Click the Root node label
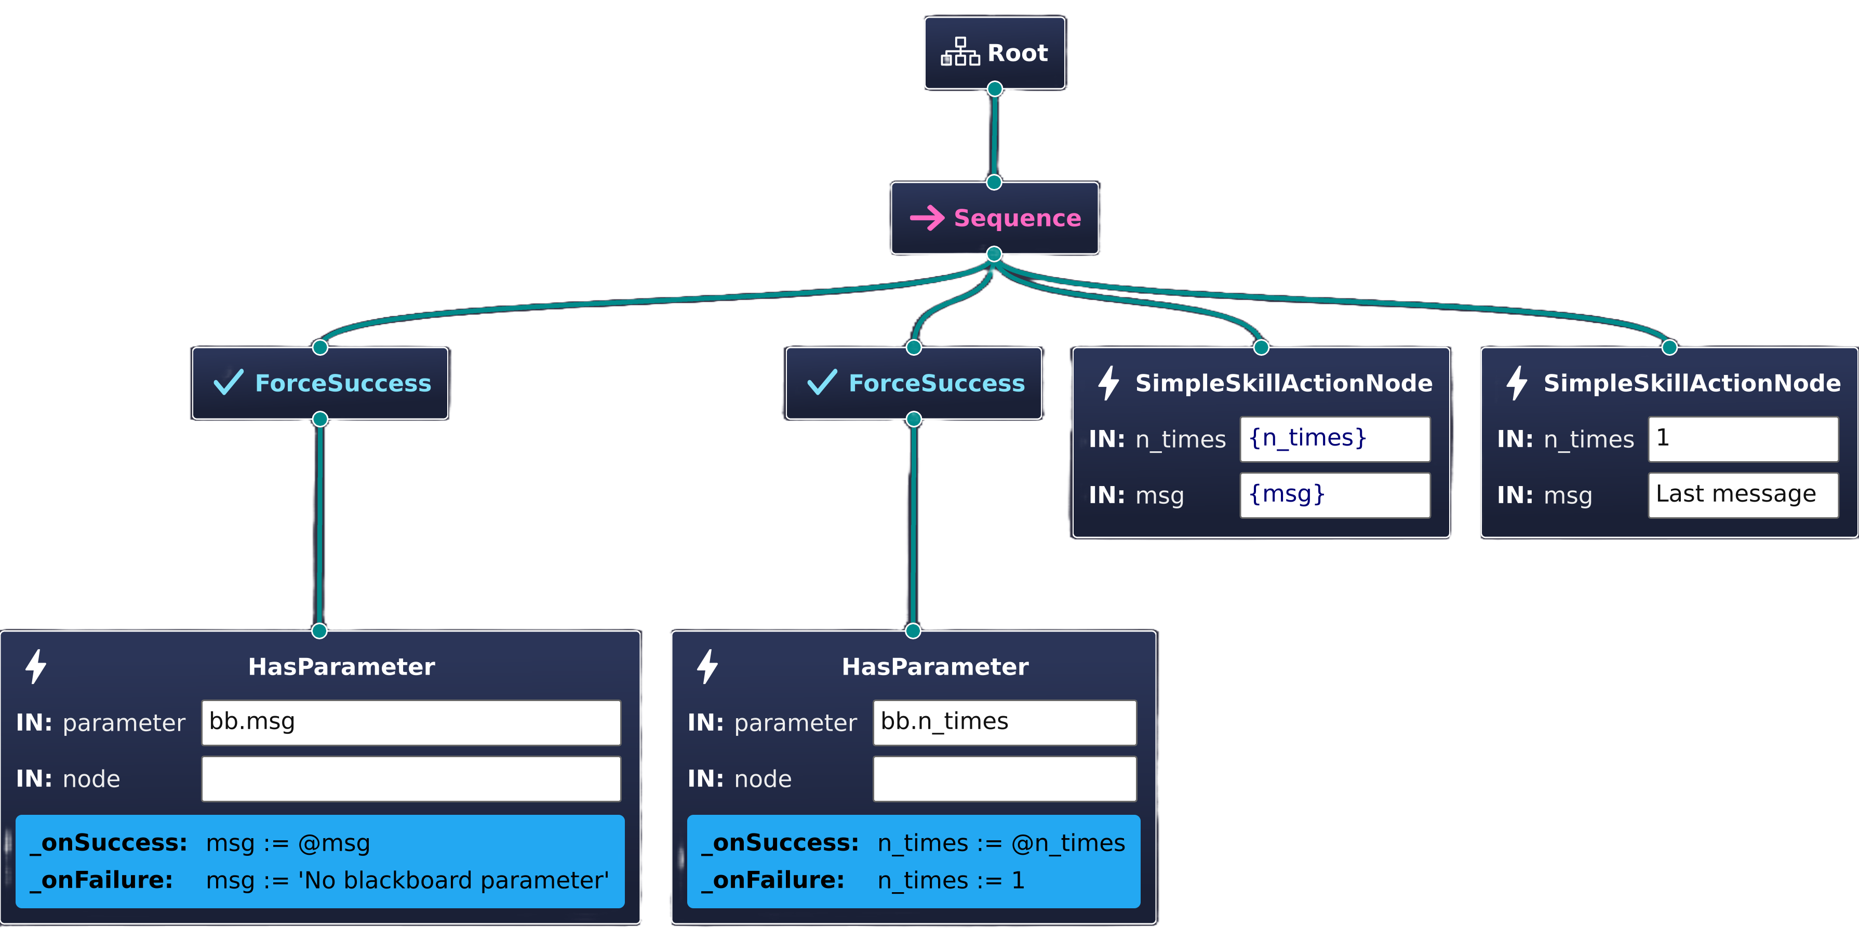click(x=1017, y=52)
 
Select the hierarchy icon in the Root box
click(x=960, y=52)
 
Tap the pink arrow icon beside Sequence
click(x=927, y=218)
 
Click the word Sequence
click(x=1017, y=218)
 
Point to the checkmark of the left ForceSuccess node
click(x=229, y=382)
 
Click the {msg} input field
click(x=1334, y=495)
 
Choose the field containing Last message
click(x=1742, y=495)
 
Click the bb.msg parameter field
click(x=411, y=722)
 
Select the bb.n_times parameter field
click(x=1004, y=722)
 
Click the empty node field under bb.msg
click(x=411, y=778)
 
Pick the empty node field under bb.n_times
click(x=1004, y=778)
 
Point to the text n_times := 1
click(x=951, y=880)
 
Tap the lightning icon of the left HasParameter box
click(x=35, y=666)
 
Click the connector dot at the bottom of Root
click(x=995, y=89)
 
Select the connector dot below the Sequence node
click(x=994, y=254)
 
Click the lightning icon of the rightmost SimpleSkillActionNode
click(x=1516, y=382)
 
